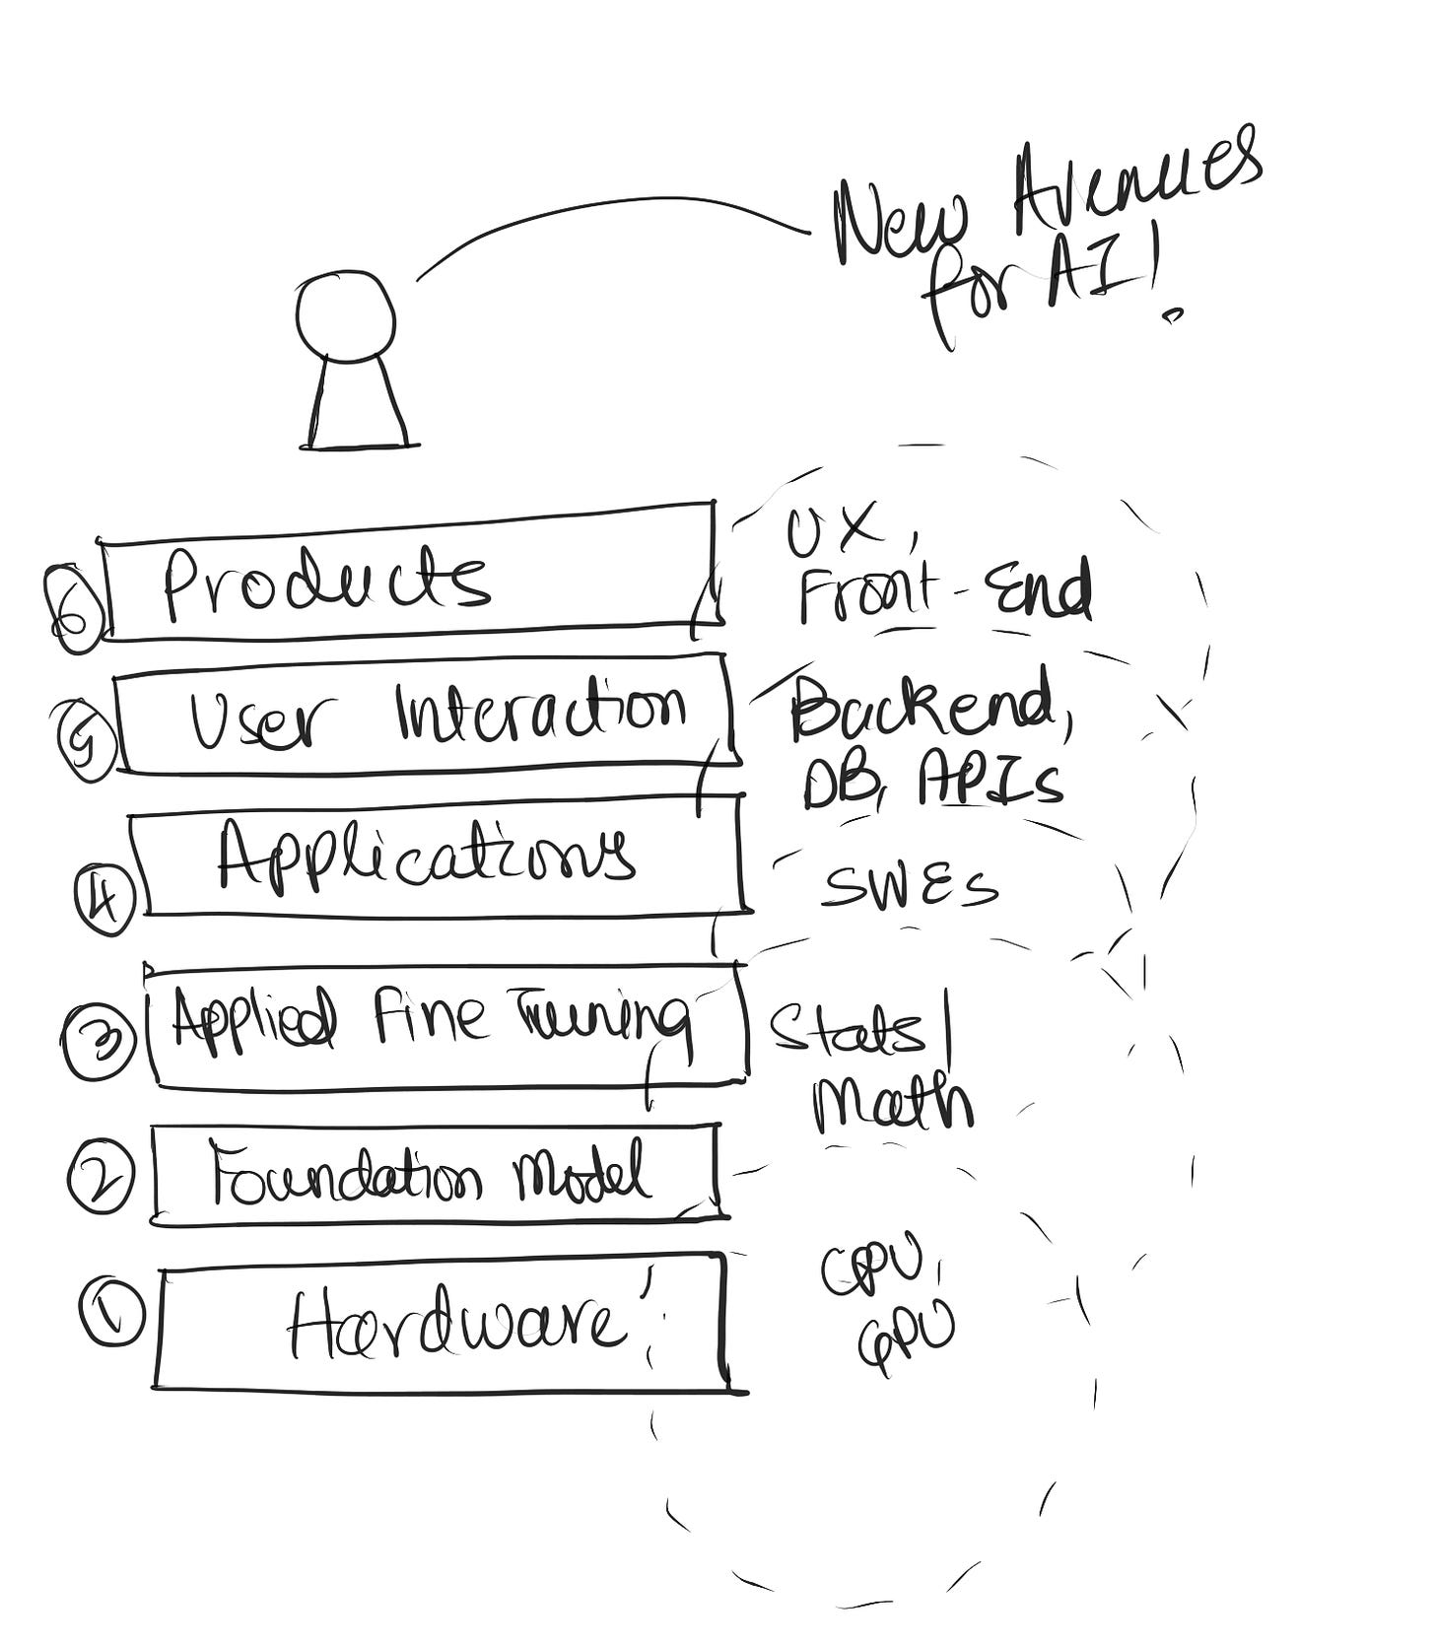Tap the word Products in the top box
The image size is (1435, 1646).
[x=325, y=582]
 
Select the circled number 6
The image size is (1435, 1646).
[x=75, y=609]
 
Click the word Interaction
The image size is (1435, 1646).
[x=540, y=710]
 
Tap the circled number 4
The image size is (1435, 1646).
[x=104, y=899]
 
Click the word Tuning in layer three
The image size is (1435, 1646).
[x=601, y=1020]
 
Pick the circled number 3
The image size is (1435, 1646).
[x=98, y=1043]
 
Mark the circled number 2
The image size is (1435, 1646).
[x=100, y=1176]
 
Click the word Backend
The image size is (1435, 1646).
[x=922, y=705]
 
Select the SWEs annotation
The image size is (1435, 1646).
[x=909, y=887]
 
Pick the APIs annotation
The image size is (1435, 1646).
[x=991, y=784]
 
